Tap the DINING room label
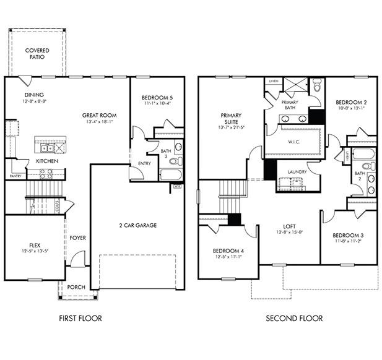33,95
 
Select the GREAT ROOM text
99,115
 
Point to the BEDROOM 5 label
157,98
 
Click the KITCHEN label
47,161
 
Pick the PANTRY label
15,176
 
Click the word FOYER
77,238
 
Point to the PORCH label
76,287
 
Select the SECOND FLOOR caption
294,319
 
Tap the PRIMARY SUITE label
230,118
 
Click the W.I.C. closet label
294,141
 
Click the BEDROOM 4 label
228,251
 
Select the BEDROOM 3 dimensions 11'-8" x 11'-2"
348,242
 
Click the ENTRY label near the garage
145,163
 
